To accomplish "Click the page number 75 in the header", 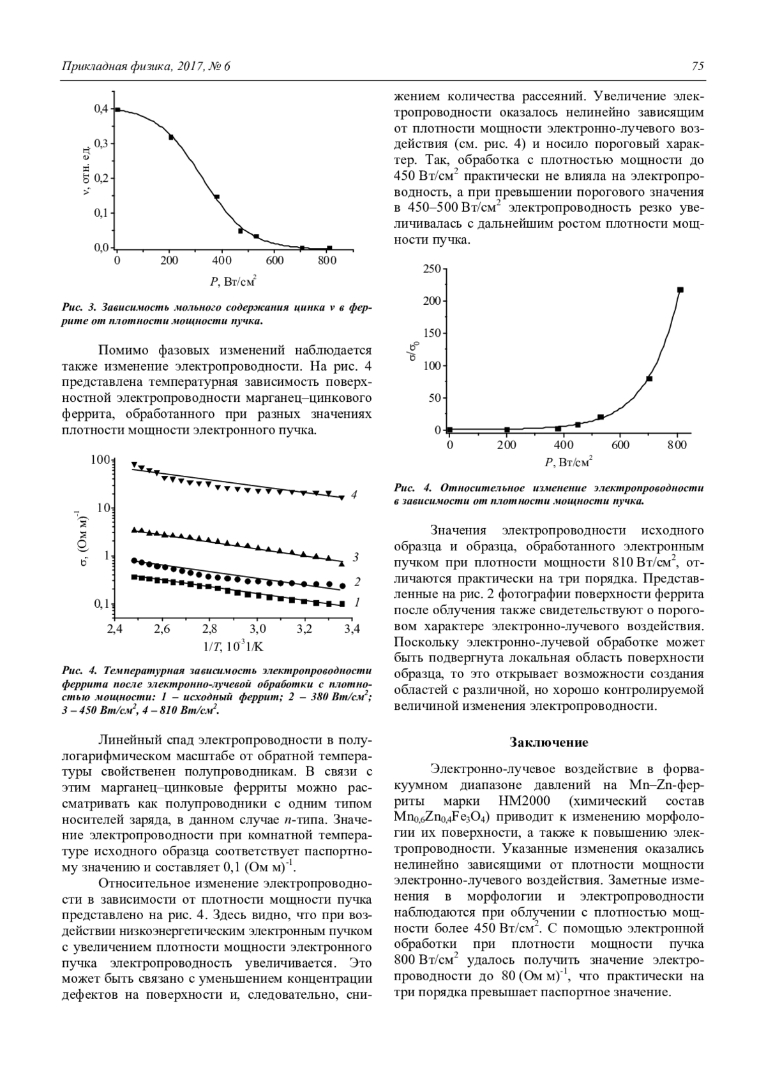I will pos(697,66).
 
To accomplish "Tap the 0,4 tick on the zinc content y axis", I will pos(101,109).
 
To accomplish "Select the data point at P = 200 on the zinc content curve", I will pos(171,137).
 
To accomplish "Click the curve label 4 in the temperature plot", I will pos(354,494).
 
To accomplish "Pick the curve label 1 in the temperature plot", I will pos(357,601).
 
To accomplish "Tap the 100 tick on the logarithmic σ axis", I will pos(100,459).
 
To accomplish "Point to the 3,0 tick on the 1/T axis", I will pos(257,629).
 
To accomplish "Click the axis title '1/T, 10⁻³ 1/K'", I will pos(233,646).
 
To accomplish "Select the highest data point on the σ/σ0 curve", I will pos(680,290).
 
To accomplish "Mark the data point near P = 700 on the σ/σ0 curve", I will pos(649,379).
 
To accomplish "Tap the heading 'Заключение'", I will pos(549,742).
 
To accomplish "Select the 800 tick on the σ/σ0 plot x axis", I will pos(677,445).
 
